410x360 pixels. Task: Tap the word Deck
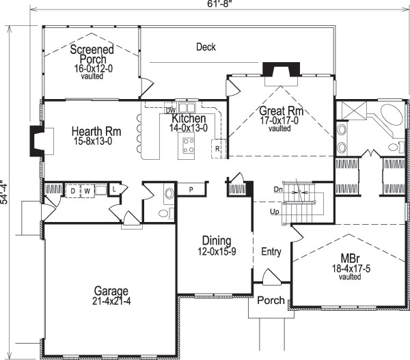[206, 47]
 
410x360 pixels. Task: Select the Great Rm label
[280, 111]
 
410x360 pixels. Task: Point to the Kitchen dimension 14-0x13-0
[184, 127]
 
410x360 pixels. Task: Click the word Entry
[271, 252]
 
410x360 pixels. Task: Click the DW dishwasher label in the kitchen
[171, 110]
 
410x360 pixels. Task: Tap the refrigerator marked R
[217, 148]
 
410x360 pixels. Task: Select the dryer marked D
[72, 191]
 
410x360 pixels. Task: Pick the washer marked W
[87, 191]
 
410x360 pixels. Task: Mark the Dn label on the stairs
[278, 189]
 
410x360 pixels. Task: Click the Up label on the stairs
[275, 212]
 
